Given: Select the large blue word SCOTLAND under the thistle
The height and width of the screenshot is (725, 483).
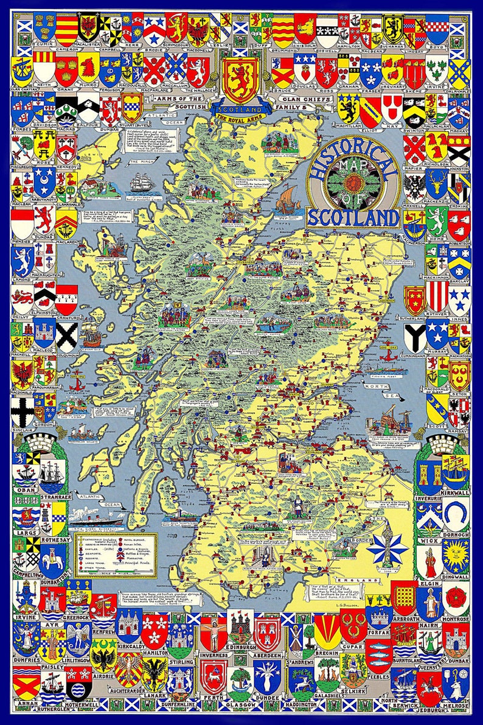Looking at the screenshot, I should tap(353, 217).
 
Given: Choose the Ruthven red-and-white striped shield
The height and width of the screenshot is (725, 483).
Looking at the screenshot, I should tap(437, 294).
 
